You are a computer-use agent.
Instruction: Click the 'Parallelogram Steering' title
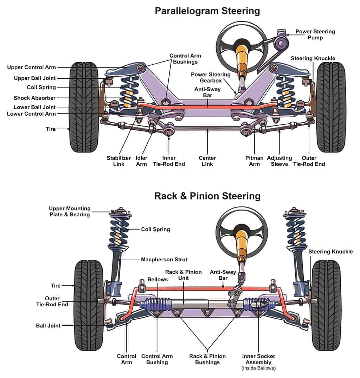click(207, 11)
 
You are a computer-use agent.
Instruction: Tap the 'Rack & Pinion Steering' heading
click(207, 196)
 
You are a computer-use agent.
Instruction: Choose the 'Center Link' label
click(207, 161)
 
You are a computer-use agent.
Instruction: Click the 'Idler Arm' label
click(142, 161)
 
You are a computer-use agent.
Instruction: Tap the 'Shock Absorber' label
click(34, 98)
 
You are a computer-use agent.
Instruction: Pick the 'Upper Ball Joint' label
click(35, 78)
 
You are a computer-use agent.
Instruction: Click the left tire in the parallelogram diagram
click(84, 107)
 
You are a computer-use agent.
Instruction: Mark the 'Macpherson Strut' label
click(164, 260)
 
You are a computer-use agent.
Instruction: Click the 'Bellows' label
click(158, 279)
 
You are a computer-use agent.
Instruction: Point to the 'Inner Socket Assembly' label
click(258, 359)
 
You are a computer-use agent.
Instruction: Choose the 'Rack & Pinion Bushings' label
click(207, 359)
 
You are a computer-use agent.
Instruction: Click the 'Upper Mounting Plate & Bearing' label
click(70, 211)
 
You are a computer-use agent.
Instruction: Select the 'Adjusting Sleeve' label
click(279, 161)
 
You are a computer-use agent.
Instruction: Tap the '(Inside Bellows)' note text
click(258, 368)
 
